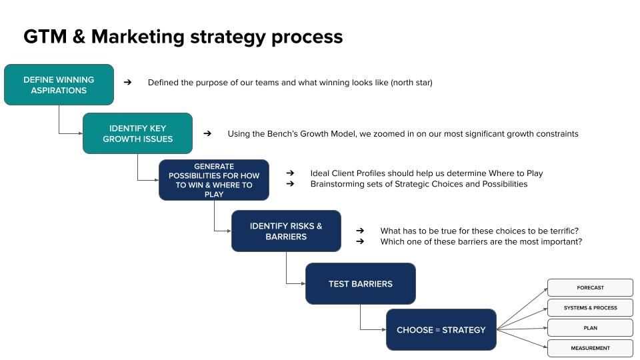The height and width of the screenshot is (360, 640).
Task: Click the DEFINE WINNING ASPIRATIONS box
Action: coord(59,85)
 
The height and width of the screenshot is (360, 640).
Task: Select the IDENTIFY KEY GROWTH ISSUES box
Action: coord(137,133)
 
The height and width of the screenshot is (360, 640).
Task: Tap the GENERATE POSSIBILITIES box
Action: coord(214,180)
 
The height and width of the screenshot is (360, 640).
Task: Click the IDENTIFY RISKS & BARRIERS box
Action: coord(286,231)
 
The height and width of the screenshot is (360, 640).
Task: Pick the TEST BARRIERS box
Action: coord(360,283)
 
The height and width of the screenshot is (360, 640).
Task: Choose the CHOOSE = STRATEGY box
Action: coord(441,329)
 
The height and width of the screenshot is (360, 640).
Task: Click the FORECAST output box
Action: coord(590,287)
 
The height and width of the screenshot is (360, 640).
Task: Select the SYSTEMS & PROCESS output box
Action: coord(590,307)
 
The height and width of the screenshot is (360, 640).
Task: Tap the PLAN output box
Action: coord(590,328)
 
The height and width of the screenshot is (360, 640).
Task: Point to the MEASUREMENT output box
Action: coord(590,348)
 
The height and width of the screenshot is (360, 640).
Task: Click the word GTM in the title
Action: coord(45,37)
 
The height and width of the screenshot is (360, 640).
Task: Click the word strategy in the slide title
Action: coord(227,37)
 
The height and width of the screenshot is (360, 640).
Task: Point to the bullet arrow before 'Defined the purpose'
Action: coord(127,83)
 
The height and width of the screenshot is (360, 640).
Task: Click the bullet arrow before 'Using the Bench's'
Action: coord(207,133)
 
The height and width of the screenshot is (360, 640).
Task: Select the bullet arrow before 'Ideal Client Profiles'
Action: coord(290,173)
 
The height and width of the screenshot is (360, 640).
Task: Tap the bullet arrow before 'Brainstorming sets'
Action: coord(290,184)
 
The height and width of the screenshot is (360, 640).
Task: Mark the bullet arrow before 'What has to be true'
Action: coord(360,231)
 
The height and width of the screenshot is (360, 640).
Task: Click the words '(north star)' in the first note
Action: coord(411,83)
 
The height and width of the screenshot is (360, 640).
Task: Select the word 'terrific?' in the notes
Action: coord(560,231)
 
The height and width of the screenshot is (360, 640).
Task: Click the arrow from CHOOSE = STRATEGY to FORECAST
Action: coord(523,308)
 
